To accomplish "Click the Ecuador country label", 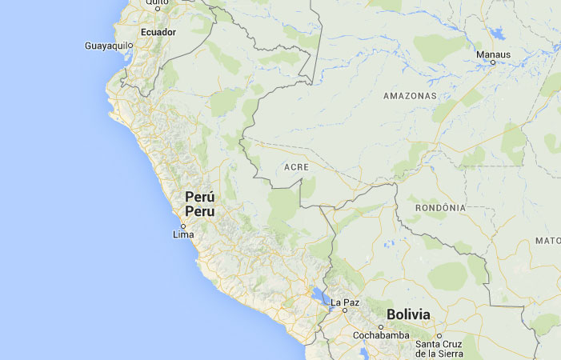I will (x=158, y=32).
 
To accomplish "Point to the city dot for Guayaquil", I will (x=130, y=46).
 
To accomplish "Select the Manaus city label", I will (x=493, y=54).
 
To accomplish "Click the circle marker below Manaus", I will (x=493, y=62).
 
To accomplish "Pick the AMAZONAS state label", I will (x=411, y=95).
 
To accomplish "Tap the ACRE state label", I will (x=297, y=167).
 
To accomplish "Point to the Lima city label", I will (x=182, y=235).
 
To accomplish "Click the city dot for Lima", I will (x=183, y=226).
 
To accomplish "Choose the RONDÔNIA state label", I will (x=440, y=208).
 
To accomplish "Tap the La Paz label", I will (x=346, y=302).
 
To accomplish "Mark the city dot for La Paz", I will (x=345, y=310).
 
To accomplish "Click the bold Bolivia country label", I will (x=408, y=314).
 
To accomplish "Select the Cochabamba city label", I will (x=382, y=335).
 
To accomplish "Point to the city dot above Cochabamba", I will (x=382, y=327).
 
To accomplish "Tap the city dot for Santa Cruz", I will (x=439, y=337).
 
